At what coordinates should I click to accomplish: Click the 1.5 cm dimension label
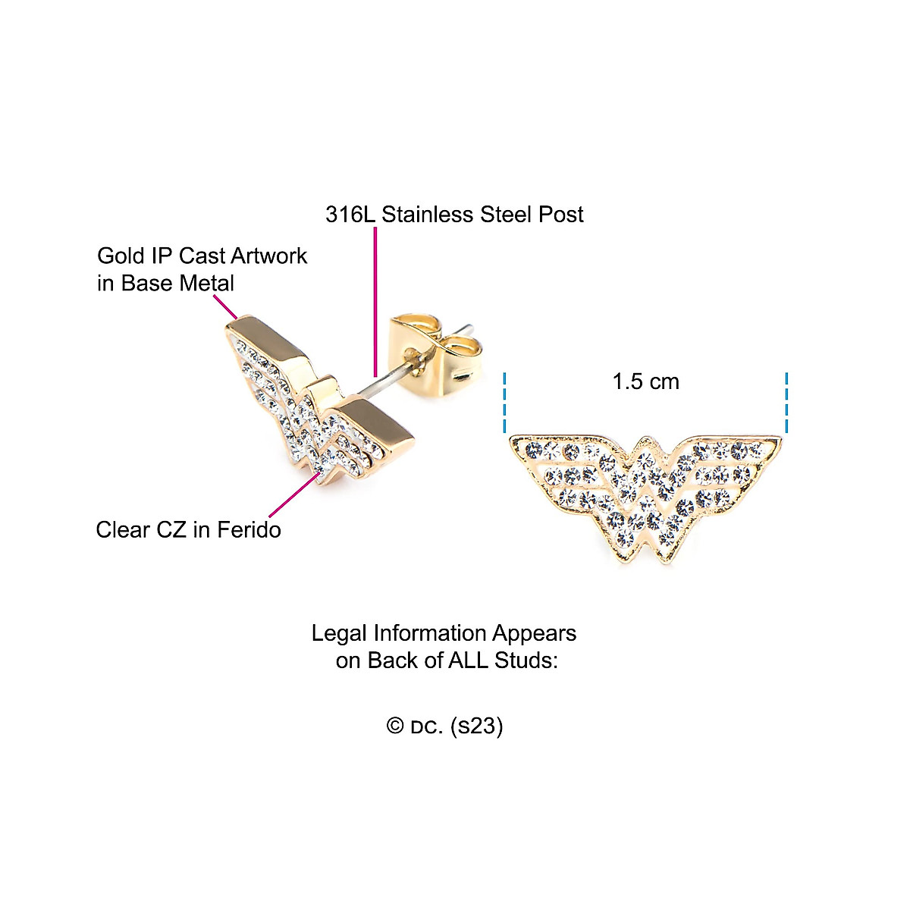[645, 381]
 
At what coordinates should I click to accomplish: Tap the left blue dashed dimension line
[504, 402]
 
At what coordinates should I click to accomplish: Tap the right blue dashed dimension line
[787, 402]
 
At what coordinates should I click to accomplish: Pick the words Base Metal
[177, 284]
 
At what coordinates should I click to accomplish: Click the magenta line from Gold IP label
[225, 306]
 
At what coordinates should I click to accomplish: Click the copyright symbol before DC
[394, 726]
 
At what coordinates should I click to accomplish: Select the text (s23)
[476, 726]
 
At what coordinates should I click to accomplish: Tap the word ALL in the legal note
[469, 661]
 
